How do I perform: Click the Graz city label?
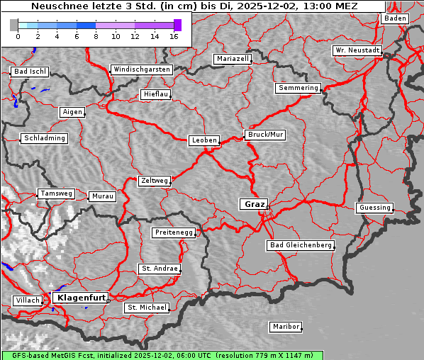point(254,204)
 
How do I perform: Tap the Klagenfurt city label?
point(81,298)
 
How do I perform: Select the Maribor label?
point(286,327)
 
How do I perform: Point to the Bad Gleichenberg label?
point(301,245)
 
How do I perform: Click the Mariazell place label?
point(233,59)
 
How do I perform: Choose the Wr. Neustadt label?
point(357,51)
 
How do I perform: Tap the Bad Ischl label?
point(30,72)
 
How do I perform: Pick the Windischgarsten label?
point(141,69)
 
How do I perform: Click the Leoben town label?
point(204,140)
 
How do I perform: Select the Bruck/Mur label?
point(264,134)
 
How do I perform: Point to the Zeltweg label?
point(154,181)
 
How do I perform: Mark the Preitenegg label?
point(173,232)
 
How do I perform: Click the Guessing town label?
point(374,208)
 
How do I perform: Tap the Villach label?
point(28,300)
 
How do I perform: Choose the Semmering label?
point(298,88)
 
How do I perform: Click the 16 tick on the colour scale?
point(174,36)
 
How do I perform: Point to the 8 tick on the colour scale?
point(96,36)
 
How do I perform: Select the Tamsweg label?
point(55,193)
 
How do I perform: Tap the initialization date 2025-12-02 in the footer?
point(155,355)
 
